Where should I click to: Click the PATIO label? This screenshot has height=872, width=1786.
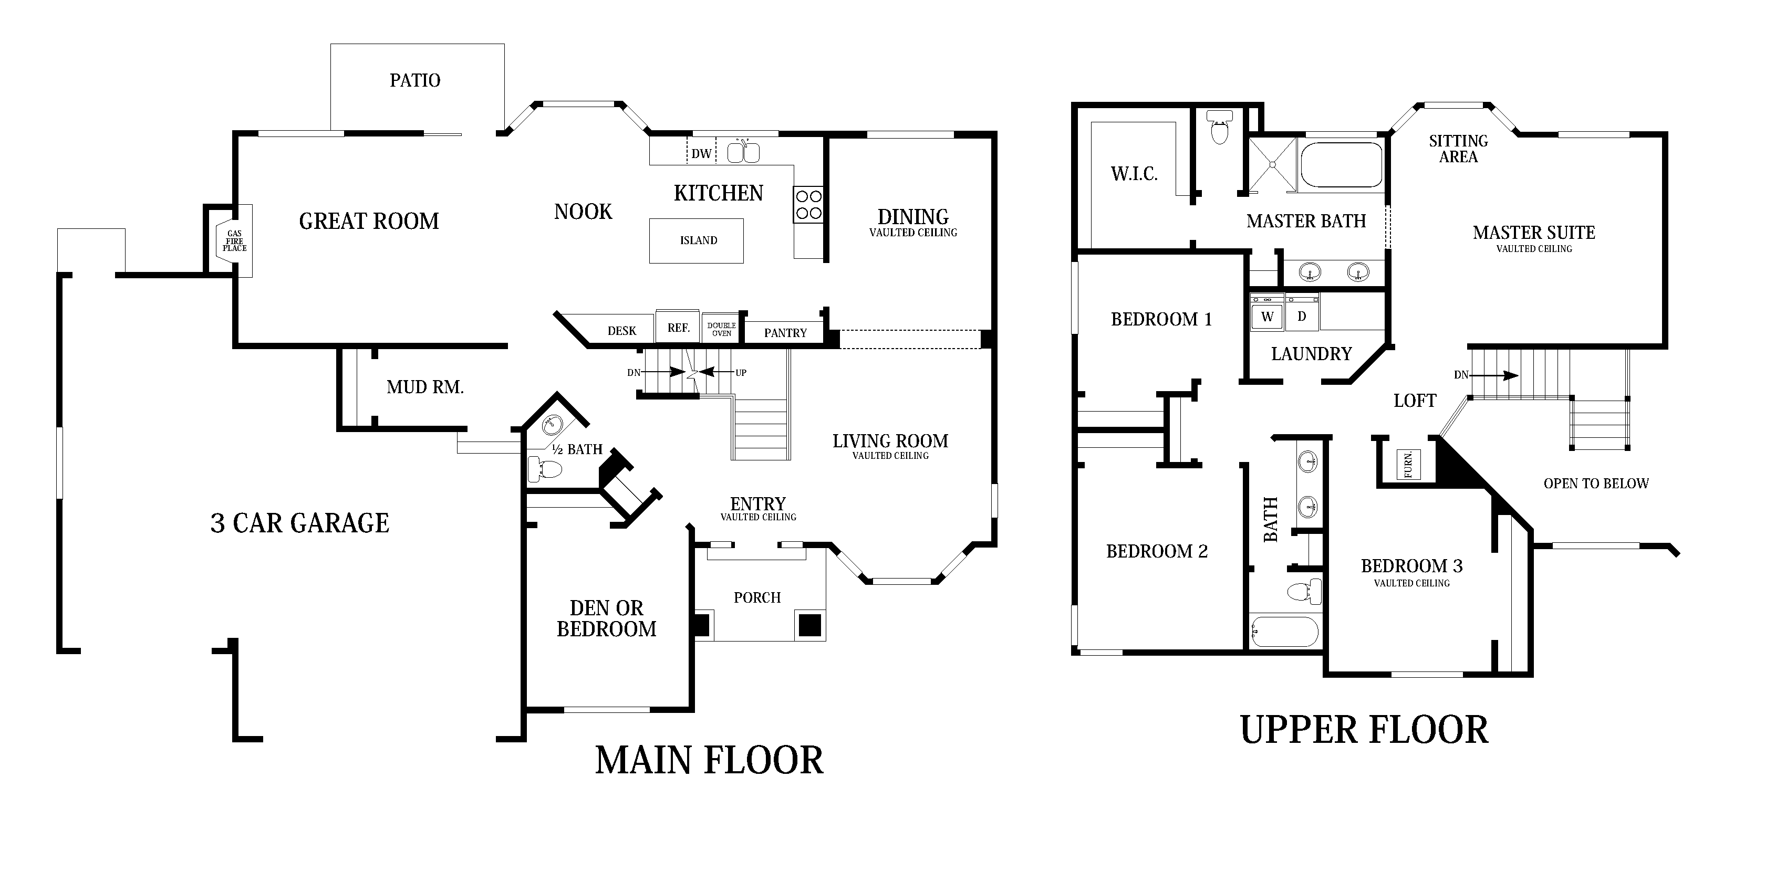tap(414, 80)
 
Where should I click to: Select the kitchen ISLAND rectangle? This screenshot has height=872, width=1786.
tap(696, 240)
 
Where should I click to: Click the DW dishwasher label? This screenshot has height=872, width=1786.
tap(701, 153)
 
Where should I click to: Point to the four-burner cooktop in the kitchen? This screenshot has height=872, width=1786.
tap(808, 205)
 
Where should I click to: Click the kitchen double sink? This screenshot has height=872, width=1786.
tap(743, 152)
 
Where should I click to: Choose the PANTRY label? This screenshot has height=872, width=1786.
tap(785, 333)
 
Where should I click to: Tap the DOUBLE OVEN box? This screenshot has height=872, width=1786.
tap(721, 329)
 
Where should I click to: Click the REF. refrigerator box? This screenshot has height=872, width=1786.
tap(678, 327)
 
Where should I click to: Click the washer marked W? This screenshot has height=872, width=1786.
tap(1268, 316)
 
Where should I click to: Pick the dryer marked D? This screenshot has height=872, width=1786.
tap(1302, 316)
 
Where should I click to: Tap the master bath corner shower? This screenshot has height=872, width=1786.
tap(1272, 165)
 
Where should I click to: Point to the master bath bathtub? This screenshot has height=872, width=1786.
tap(1342, 165)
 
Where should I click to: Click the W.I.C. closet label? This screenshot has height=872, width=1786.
tap(1134, 173)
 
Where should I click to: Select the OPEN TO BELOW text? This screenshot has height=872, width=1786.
tap(1596, 483)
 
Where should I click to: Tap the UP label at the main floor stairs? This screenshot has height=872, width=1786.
tap(741, 372)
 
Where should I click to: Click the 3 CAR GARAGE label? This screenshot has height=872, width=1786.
tap(299, 523)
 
